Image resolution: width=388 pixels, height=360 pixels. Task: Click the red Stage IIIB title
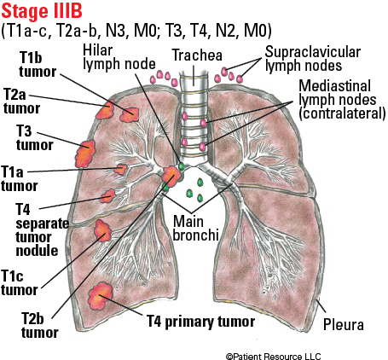pos(42,11)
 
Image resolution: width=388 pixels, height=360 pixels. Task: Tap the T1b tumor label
pos(38,65)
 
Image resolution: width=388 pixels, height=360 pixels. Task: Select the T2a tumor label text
pos(21,102)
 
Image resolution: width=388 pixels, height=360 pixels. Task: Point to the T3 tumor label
pos(34,138)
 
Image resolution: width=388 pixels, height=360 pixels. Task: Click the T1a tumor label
pos(19,179)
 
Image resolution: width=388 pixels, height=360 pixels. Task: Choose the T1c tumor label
pos(19,283)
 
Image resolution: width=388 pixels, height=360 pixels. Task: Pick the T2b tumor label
pos(39,325)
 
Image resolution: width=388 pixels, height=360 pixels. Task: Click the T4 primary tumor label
pos(200,322)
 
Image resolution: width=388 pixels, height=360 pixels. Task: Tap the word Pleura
pos(344,325)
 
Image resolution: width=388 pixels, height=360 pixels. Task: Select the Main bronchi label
pos(195,228)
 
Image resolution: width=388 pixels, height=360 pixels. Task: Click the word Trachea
pos(197,55)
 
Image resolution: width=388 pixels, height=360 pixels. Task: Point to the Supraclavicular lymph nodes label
pos(313,59)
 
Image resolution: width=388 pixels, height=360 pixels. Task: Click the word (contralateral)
pos(342,113)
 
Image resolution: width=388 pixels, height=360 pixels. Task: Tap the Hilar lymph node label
pos(119,57)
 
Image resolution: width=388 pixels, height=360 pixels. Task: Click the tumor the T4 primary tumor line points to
pos(100,296)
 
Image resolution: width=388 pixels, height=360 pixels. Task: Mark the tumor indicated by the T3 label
pos(85,154)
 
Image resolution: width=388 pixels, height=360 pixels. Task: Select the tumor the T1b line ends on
pos(130,114)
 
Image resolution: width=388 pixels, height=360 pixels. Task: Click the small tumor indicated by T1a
pos(121,169)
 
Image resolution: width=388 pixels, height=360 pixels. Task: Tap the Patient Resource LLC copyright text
pos(273,356)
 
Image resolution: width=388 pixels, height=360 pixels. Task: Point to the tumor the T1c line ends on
pos(102,230)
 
